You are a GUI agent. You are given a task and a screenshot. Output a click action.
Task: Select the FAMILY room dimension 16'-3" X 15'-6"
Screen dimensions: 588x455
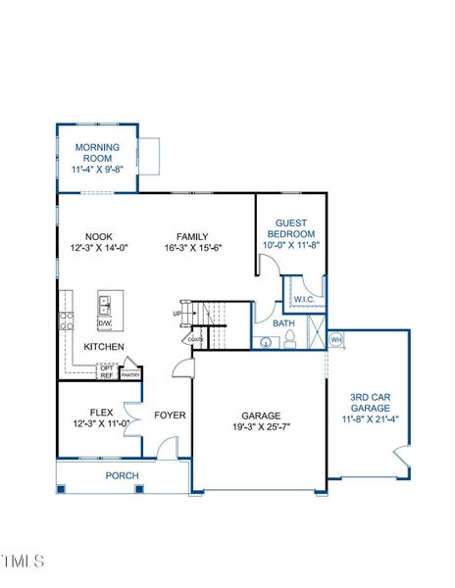click(192, 249)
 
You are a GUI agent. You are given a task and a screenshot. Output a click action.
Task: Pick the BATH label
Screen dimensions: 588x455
click(283, 323)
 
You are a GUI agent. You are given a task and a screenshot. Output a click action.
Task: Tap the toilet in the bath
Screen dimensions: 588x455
click(290, 341)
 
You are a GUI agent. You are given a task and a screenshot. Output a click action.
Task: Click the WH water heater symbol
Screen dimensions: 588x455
click(335, 340)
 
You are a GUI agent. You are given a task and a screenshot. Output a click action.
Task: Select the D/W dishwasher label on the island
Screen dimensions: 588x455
click(105, 323)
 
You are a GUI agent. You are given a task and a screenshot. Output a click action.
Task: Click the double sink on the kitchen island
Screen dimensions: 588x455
click(105, 306)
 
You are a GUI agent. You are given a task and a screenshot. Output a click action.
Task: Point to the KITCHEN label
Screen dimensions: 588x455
click(103, 348)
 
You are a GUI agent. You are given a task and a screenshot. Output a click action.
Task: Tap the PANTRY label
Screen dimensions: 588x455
click(130, 374)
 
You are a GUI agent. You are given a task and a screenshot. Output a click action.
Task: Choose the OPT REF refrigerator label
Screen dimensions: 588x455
click(107, 371)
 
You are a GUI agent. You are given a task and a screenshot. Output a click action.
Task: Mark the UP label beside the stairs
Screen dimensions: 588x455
click(177, 314)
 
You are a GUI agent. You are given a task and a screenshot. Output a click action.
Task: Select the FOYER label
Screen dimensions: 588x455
click(170, 416)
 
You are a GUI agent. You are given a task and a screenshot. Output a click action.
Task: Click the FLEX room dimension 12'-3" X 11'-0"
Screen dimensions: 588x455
click(101, 424)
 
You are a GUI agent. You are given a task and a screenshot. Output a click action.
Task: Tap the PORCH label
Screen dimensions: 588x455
click(122, 476)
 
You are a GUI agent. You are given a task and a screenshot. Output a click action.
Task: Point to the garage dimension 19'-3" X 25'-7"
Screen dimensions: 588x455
click(258, 427)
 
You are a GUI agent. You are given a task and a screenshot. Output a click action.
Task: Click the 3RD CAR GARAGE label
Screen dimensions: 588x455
click(371, 402)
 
